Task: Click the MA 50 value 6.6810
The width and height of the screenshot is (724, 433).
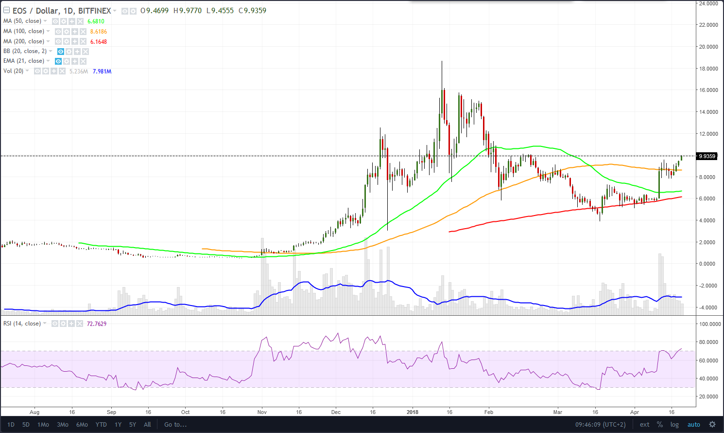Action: [x=96, y=21]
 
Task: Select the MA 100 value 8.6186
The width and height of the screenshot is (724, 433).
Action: [x=99, y=32]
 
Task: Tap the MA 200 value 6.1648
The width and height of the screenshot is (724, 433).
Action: [x=99, y=42]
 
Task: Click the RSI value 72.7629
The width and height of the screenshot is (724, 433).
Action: [x=96, y=324]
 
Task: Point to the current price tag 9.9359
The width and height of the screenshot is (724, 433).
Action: [x=707, y=156]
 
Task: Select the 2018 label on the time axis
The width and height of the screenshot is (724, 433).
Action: [x=412, y=412]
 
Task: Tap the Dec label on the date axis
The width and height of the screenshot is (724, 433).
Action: [x=336, y=412]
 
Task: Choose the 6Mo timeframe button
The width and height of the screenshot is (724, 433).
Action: [x=82, y=425]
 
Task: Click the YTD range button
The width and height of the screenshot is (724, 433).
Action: [x=101, y=425]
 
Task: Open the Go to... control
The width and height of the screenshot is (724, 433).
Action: [x=175, y=425]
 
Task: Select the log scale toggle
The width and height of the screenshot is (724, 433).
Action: [x=674, y=425]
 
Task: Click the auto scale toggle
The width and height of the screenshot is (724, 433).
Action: [x=693, y=425]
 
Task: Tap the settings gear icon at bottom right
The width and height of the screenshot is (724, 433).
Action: [x=712, y=425]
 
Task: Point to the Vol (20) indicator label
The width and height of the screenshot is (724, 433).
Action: [x=14, y=71]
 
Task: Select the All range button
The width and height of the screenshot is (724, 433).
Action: [x=147, y=425]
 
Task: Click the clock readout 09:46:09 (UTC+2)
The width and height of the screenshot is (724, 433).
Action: [x=601, y=425]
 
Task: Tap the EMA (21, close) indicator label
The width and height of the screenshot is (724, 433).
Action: [x=23, y=61]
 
